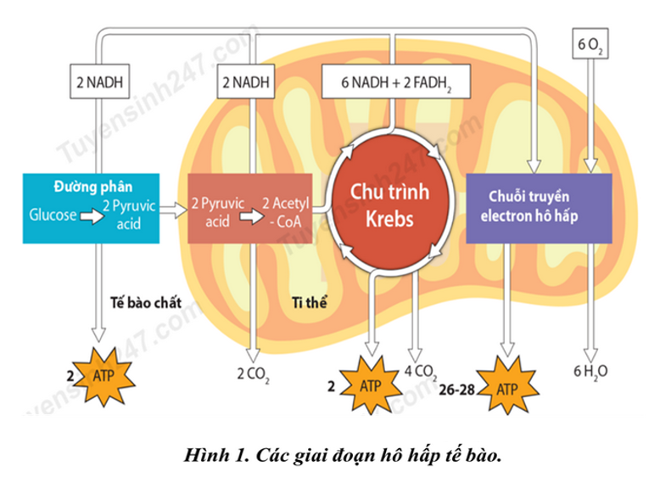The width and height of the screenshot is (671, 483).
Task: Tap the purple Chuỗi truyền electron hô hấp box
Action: (x=537, y=207)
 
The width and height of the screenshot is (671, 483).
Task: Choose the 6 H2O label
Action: (x=591, y=370)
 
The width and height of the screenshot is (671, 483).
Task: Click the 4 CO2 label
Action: (x=421, y=370)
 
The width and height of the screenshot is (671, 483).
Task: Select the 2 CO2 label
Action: (x=252, y=371)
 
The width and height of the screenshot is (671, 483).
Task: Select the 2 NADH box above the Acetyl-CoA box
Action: (x=248, y=83)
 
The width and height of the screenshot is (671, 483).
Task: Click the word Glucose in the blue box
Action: (x=53, y=216)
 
